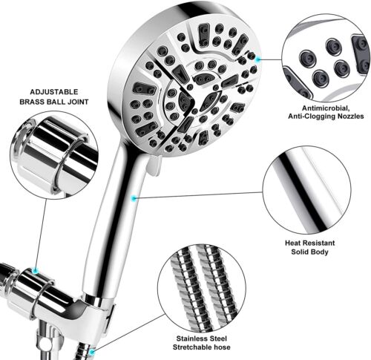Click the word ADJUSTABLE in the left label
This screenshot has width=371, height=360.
click(54, 92)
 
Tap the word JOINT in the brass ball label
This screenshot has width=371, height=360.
click(76, 102)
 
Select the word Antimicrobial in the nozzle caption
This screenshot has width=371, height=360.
click(326, 108)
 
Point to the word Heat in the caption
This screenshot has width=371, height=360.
click(292, 243)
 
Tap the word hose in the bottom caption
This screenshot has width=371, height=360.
click(221, 347)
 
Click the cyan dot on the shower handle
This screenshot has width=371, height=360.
click(134, 198)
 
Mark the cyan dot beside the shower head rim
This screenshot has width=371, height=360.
click(258, 59)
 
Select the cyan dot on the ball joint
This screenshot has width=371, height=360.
click(36, 271)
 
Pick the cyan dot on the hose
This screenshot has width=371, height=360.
click(93, 351)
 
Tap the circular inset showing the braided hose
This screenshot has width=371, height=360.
click(202, 287)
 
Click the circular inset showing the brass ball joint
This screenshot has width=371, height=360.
click(54, 155)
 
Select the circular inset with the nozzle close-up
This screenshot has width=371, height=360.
click(326, 58)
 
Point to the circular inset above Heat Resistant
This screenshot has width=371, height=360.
click(306, 190)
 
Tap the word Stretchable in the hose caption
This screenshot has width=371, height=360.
click(191, 347)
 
